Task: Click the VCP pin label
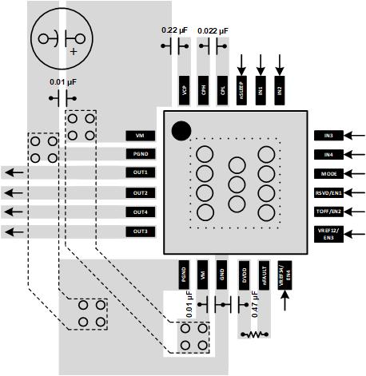pyautogui.click(x=185, y=91)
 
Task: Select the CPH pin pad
pyautogui.click(x=204, y=91)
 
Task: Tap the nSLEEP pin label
pyautogui.click(x=241, y=91)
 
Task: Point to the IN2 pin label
pyautogui.click(x=279, y=91)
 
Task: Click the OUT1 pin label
pyautogui.click(x=141, y=172)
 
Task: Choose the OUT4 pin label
pyautogui.click(x=141, y=212)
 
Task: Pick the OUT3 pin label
pyautogui.click(x=141, y=232)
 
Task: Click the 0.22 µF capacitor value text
pyautogui.click(x=175, y=30)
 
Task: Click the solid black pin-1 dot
pyautogui.click(x=181, y=129)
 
